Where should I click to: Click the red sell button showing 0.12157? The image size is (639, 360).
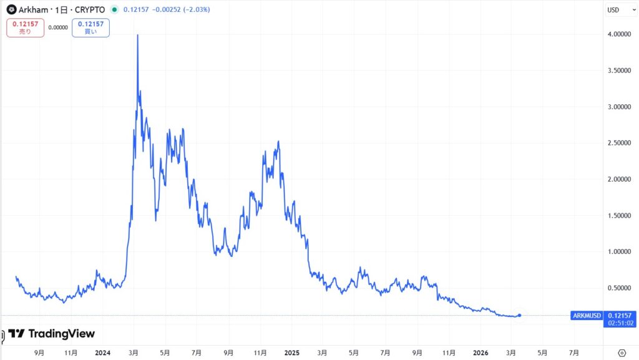[x=26, y=27]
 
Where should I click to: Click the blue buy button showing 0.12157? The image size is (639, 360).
[x=90, y=27]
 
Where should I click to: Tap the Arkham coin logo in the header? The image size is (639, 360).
[x=11, y=10]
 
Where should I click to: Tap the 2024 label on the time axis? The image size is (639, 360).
[x=102, y=353]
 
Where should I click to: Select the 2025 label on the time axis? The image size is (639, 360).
[x=292, y=353]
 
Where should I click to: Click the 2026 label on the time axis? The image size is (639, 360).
[x=480, y=353]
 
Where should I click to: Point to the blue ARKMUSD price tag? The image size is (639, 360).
[x=587, y=316]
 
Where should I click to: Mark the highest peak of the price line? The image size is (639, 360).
[x=137, y=36]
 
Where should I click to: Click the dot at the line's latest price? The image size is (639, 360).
[x=520, y=315]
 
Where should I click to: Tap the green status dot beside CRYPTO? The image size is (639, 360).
[x=114, y=10]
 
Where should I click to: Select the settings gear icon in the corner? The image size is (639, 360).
[x=622, y=353]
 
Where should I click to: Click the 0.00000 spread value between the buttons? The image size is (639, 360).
[x=58, y=27]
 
